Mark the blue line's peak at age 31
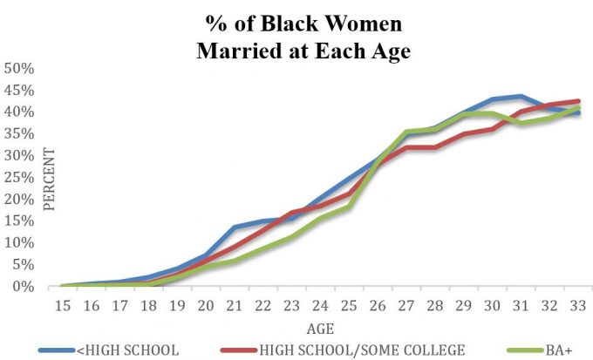(521, 96)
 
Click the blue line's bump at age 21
(234, 227)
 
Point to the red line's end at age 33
(577, 101)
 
